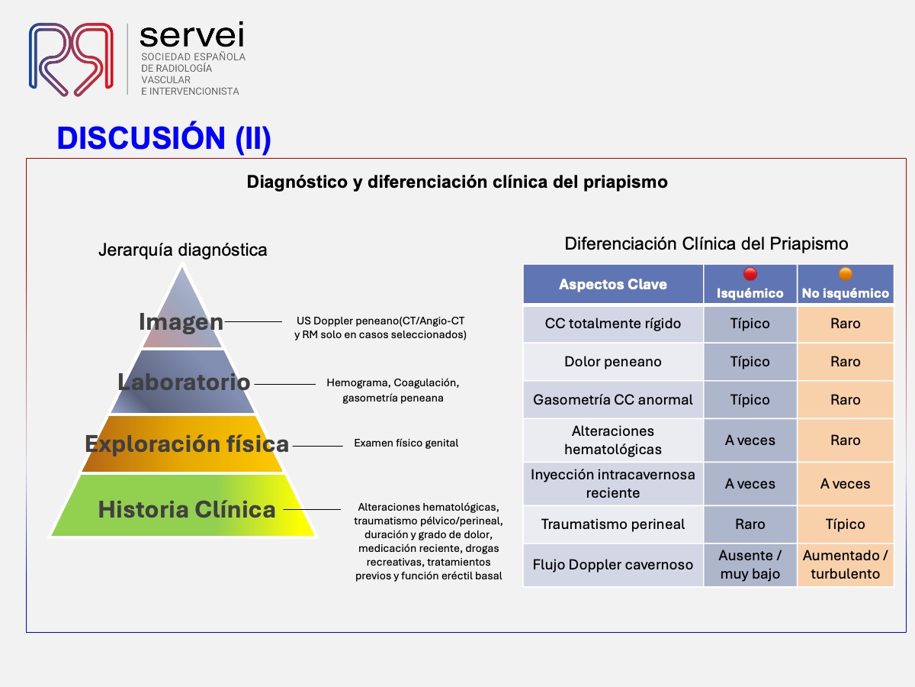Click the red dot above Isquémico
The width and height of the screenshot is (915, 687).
coord(750,274)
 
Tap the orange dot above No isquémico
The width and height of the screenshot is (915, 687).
coord(846,274)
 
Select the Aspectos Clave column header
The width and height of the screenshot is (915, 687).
coord(613,284)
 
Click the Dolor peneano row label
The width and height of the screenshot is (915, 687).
coord(613,361)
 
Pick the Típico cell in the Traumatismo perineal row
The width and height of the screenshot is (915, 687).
coord(846,524)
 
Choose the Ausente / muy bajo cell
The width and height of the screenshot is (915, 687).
coord(750,564)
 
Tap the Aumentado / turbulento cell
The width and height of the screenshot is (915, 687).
coord(846,564)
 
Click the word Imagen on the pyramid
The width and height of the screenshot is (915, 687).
coord(181,322)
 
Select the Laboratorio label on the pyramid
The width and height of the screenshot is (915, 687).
coord(184,382)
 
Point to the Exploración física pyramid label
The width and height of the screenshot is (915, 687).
coord(187,443)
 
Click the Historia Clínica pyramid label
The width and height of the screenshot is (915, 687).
coord(187,509)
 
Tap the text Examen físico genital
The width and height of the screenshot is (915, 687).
coord(406,443)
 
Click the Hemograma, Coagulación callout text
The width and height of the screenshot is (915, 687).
coord(393,390)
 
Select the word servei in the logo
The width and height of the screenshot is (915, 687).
coord(191,34)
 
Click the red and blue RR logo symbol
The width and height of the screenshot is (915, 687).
coord(71,60)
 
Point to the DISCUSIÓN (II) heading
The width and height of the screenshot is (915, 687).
coord(164,138)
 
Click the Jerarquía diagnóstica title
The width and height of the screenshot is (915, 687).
coord(182,250)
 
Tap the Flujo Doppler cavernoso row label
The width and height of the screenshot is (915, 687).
coord(613,564)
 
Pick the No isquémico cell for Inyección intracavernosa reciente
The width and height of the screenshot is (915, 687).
coord(846,483)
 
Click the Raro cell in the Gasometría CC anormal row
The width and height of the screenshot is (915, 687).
coord(846,399)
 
